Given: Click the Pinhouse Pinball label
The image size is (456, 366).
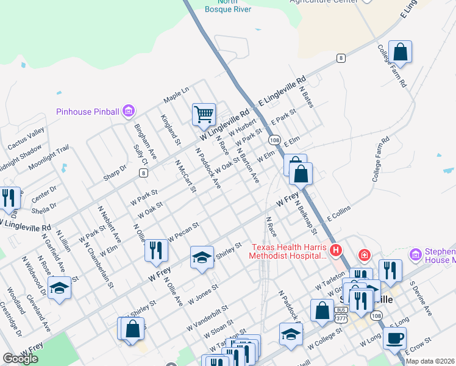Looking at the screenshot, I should [88, 112].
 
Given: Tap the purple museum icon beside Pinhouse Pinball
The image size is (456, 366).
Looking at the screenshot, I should [129, 111].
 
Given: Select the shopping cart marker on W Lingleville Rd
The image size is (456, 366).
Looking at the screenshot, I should [204, 113].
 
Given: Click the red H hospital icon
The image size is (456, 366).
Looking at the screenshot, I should [335, 251].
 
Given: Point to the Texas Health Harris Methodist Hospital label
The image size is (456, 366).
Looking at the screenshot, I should [289, 251].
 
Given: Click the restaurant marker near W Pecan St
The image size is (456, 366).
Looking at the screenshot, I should [156, 250].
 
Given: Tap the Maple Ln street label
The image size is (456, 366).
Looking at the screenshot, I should [176, 95].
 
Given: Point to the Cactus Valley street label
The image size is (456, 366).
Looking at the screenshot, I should [26, 139].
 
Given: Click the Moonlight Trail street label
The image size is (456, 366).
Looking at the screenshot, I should [49, 158].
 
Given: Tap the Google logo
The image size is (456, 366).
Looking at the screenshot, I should [20, 359].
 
